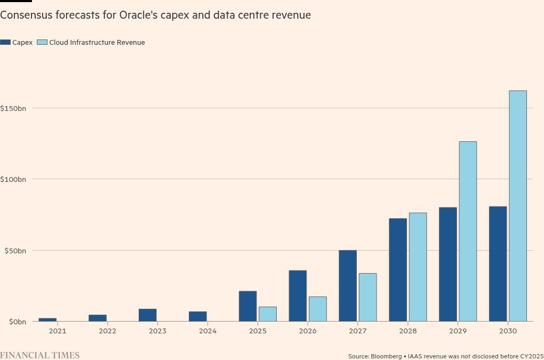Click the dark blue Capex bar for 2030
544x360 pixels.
(498, 264)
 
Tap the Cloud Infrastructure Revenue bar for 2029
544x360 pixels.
(468, 231)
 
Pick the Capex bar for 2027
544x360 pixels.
(348, 286)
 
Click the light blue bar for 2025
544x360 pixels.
(268, 314)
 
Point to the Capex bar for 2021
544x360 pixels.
(47, 319)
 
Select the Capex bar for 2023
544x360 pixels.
(148, 315)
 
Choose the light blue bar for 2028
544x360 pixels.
(418, 267)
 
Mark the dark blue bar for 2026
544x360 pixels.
(298, 296)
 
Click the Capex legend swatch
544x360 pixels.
(5, 42)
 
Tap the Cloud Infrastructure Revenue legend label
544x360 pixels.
(97, 42)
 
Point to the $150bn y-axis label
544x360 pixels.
(13, 108)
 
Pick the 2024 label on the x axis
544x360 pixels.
(207, 331)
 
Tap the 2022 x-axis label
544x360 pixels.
(107, 331)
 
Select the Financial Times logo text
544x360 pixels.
(40, 355)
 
